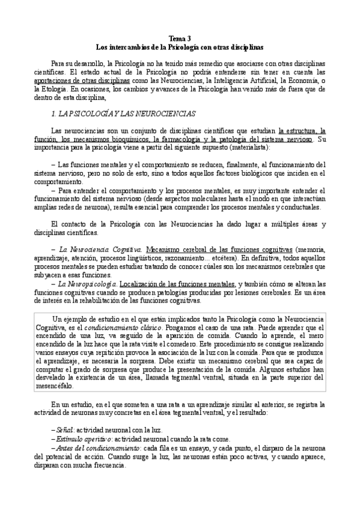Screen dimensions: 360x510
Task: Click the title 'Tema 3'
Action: pyautogui.click(x=180, y=37)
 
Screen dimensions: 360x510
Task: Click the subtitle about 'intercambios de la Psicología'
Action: pyautogui.click(x=180, y=46)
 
